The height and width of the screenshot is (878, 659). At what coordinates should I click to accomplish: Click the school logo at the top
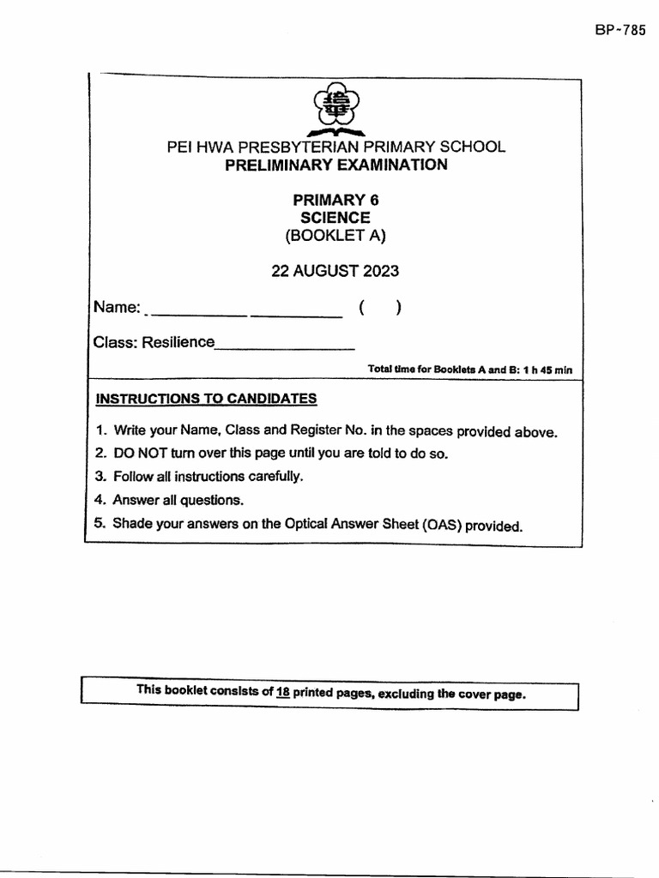coord(336,110)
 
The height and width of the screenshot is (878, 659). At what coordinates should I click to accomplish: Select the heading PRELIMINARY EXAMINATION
coord(336,165)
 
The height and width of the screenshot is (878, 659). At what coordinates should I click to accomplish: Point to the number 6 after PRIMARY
coord(373,200)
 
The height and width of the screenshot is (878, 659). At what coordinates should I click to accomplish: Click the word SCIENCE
coord(336,218)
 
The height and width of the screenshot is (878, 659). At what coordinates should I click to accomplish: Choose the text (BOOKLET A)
coord(336,237)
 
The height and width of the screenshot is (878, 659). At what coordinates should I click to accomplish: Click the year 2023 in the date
coord(380,272)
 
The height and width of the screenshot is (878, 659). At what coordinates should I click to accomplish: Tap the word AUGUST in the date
coord(326,272)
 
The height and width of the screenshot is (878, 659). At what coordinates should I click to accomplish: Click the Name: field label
coord(117,308)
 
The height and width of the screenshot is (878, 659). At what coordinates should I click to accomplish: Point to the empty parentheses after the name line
coord(381,308)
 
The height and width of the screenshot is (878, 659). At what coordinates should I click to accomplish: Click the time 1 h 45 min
coord(544,370)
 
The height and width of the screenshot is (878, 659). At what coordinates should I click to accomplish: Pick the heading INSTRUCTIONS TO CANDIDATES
coord(206,399)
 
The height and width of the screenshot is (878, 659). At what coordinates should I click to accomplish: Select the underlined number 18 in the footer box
coord(282,692)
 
